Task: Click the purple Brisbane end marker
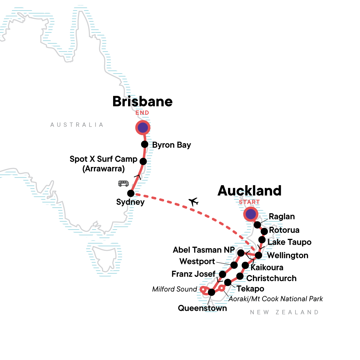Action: click(x=143, y=128)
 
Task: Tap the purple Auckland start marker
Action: click(x=250, y=214)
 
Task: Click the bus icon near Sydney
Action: click(x=123, y=183)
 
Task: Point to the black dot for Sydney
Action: click(x=131, y=193)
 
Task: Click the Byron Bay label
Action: click(x=171, y=145)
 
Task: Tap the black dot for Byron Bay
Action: click(x=145, y=144)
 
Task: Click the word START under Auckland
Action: click(x=249, y=202)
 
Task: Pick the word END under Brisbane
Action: click(x=142, y=113)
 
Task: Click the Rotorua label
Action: click(x=284, y=230)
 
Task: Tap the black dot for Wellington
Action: click(x=258, y=255)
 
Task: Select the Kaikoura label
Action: click(x=267, y=267)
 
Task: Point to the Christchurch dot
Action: click(x=240, y=276)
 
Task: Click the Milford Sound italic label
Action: click(x=175, y=289)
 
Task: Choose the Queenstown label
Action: click(x=202, y=308)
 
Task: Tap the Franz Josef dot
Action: click(x=222, y=274)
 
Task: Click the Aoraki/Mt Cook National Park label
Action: click(x=276, y=299)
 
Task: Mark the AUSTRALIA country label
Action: click(x=77, y=125)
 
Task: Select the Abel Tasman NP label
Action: click(x=204, y=250)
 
